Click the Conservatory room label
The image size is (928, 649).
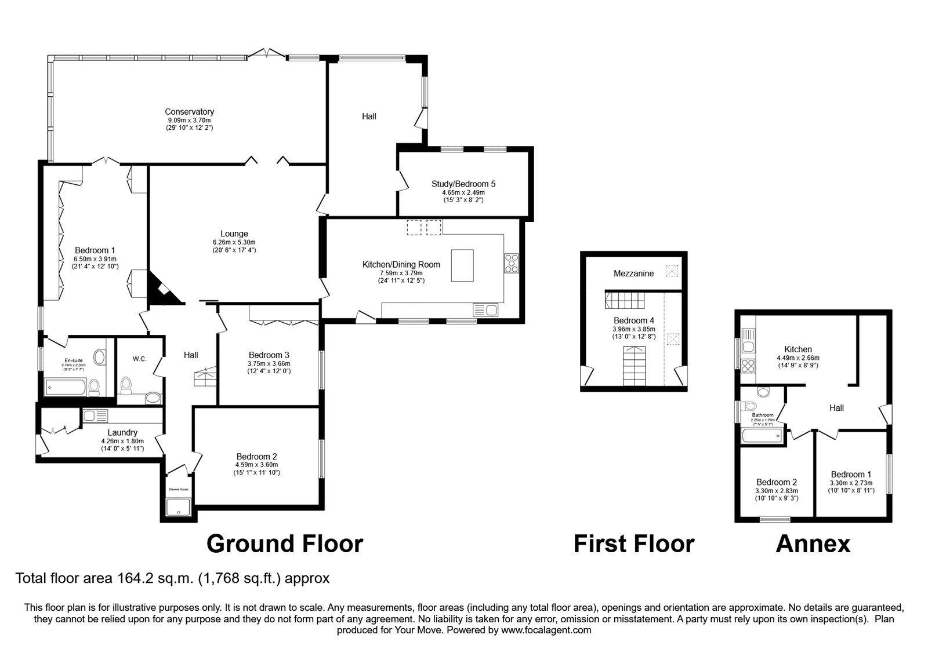[189, 112]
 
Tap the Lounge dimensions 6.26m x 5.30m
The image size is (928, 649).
[234, 242]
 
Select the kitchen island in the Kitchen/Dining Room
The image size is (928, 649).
[462, 265]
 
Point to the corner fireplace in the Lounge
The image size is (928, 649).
[162, 291]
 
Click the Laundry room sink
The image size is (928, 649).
[96, 415]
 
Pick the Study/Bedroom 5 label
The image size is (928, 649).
[463, 184]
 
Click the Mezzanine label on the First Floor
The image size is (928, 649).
[633, 274]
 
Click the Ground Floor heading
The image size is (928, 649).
[284, 544]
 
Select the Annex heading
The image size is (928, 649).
[813, 544]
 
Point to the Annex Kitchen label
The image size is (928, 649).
[797, 349]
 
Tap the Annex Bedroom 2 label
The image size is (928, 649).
[776, 482]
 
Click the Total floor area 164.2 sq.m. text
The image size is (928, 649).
[172, 578]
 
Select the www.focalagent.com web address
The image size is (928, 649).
[546, 630]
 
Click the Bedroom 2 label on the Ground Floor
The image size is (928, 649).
[256, 457]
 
